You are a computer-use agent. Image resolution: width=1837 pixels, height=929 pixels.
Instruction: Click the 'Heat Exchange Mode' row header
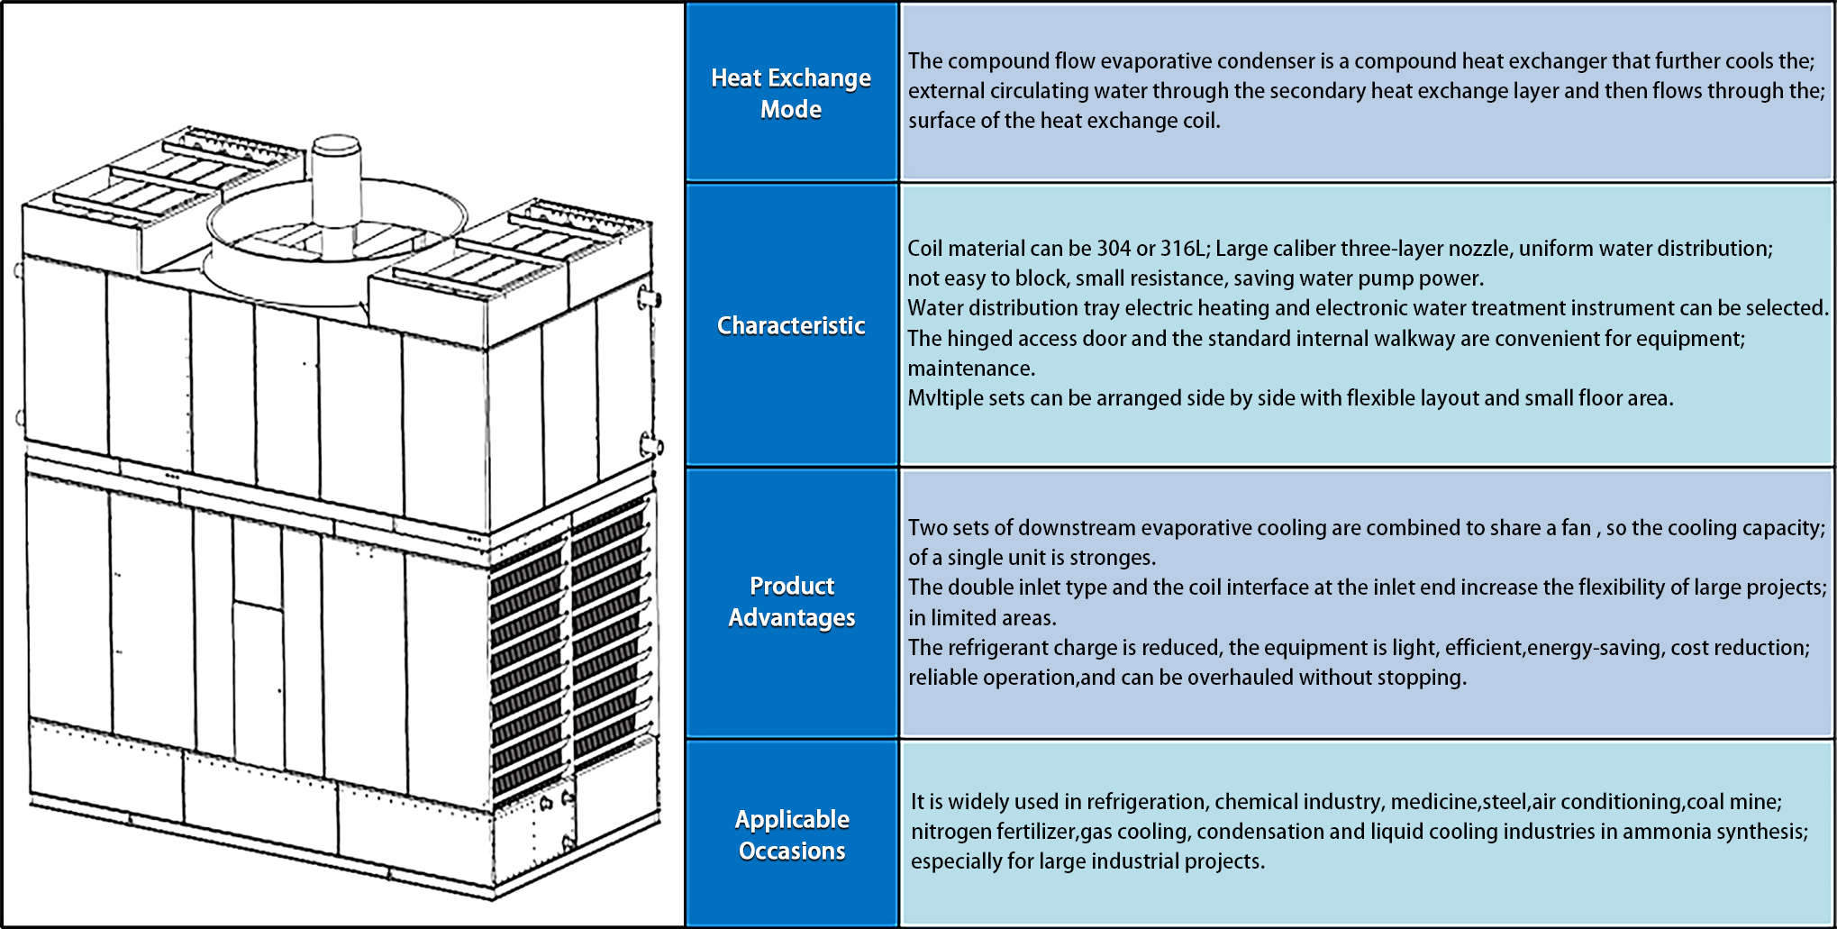coord(791,93)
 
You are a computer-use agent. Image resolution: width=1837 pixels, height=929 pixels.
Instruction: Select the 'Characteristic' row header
coord(791,325)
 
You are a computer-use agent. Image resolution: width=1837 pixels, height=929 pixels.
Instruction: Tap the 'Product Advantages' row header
coord(792,602)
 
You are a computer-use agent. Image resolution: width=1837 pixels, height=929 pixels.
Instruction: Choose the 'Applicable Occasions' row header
coord(792,834)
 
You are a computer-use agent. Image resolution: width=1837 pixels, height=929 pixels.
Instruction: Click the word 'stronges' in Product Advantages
coord(1117,558)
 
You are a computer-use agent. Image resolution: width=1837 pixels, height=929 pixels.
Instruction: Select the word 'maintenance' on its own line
coord(969,369)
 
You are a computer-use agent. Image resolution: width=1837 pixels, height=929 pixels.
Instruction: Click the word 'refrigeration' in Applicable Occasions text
coord(1146,802)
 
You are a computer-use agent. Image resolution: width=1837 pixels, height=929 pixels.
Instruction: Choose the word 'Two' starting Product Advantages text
coord(925,528)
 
